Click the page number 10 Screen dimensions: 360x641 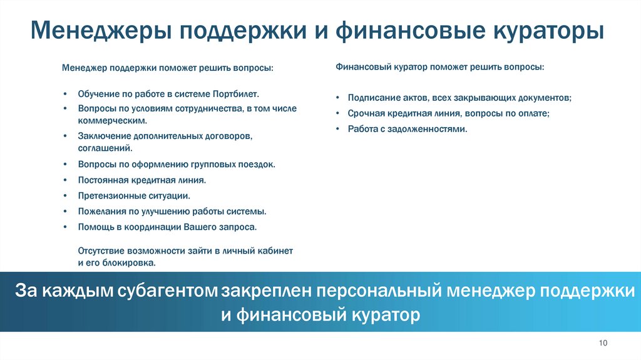pyautogui.click(x=603, y=342)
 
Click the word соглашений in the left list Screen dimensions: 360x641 pyautogui.click(x=104, y=148)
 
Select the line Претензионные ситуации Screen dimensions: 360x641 pyautogui.click(x=134, y=195)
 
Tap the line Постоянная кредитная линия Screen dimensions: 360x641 pyautogui.click(x=141, y=180)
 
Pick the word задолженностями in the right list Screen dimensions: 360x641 pyautogui.click(x=432, y=128)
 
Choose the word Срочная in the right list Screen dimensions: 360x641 pyautogui.click(x=366, y=113)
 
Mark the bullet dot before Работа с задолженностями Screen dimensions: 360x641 pyautogui.click(x=336, y=129)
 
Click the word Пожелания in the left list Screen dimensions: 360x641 pyautogui.click(x=100, y=211)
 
